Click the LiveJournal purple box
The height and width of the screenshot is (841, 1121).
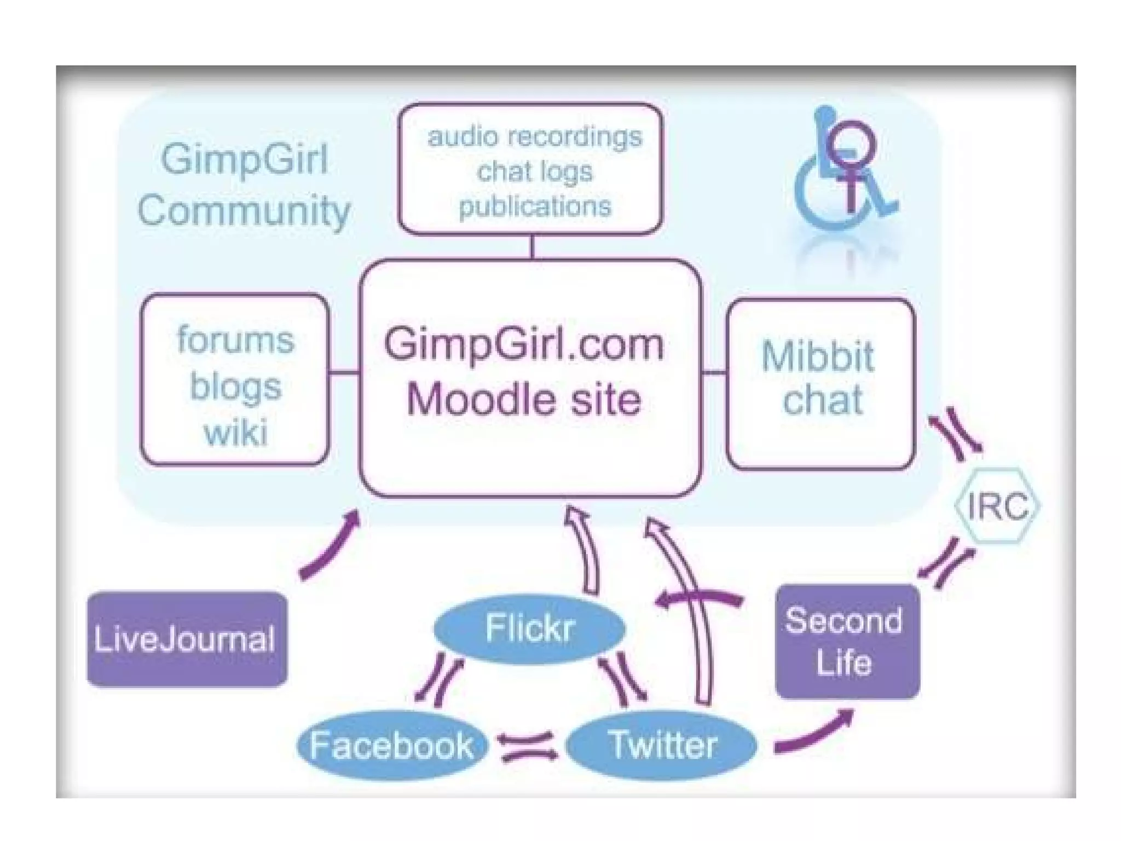pyautogui.click(x=187, y=638)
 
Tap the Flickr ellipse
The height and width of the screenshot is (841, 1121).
pyautogui.click(x=529, y=628)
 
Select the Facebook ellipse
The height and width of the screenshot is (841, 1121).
pyautogui.click(x=391, y=745)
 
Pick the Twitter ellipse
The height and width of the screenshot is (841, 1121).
pyautogui.click(x=661, y=745)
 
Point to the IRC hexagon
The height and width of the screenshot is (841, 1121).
pyautogui.click(x=997, y=506)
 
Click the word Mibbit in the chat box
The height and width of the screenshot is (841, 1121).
pyautogui.click(x=818, y=356)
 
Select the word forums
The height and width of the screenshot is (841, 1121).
pyautogui.click(x=235, y=339)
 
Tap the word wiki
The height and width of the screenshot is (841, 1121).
pyautogui.click(x=235, y=433)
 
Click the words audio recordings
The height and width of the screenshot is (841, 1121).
pyautogui.click(x=534, y=137)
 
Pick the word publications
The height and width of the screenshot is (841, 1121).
pyautogui.click(x=534, y=206)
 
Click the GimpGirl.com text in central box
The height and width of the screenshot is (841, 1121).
pyautogui.click(x=523, y=344)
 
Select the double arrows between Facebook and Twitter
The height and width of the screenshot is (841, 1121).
pyautogui.click(x=527, y=746)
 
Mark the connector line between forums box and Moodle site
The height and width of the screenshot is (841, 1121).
pyautogui.click(x=344, y=373)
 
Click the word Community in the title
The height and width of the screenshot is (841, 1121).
pyautogui.click(x=244, y=211)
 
